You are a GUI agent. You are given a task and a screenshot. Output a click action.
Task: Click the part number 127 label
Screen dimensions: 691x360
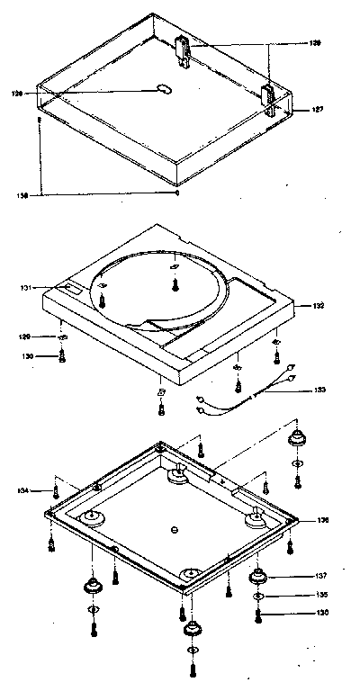click(318, 110)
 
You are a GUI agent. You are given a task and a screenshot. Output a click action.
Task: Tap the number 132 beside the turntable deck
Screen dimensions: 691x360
click(318, 306)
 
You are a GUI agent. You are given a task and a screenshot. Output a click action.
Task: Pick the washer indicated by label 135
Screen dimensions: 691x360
click(257, 597)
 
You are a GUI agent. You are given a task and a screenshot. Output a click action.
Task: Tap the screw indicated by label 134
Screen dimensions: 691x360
click(57, 490)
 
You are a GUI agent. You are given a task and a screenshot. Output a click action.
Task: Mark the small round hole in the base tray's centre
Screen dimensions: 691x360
click(174, 527)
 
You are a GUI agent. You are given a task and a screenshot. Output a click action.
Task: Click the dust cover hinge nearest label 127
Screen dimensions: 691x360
click(270, 96)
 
